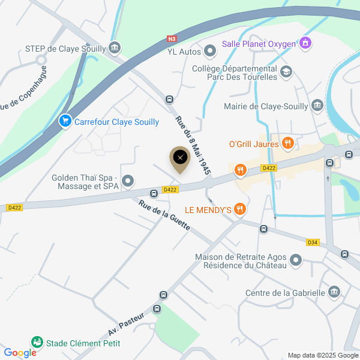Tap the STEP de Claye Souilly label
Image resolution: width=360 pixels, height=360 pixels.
[x=65, y=49]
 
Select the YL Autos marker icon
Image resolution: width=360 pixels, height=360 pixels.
[x=209, y=52]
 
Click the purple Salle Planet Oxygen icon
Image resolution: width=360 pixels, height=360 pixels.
[x=305, y=43]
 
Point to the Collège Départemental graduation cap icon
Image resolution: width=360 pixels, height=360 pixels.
[x=287, y=73]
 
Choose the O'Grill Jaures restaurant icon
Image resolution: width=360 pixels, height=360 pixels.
[x=288, y=143]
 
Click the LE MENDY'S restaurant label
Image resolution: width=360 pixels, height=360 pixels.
[x=208, y=209]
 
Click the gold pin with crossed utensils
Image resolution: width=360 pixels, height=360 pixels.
[x=179, y=158]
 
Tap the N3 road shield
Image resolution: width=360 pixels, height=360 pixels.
[x=172, y=40]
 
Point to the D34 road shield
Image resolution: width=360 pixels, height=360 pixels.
[x=312, y=242]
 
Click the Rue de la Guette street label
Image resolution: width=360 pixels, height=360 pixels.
[x=164, y=216]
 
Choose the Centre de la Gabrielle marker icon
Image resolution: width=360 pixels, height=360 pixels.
[x=334, y=293]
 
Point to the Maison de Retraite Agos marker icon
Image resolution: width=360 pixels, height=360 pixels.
[x=295, y=260]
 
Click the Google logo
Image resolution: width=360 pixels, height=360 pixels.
[x=20, y=353]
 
